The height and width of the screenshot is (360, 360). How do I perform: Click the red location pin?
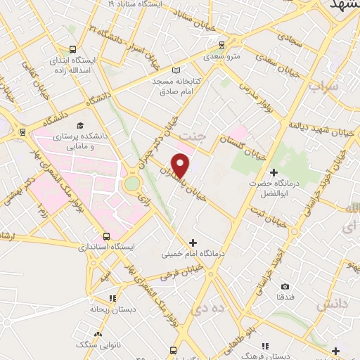pos(181,165)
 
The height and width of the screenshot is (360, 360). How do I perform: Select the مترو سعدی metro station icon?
pos(222,42)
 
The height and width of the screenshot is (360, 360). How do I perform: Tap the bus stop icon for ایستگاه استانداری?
pos(106,236)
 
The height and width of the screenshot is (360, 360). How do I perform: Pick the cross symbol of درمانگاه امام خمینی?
pos(193,243)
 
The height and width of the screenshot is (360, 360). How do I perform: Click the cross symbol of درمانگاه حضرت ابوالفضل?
pos(274,172)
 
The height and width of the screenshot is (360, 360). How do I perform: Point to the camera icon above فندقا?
pos(285,287)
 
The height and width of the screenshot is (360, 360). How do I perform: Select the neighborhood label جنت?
pos(190,134)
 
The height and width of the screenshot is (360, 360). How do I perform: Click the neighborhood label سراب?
pos(323,86)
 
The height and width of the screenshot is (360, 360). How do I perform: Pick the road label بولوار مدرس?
pos(251,92)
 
